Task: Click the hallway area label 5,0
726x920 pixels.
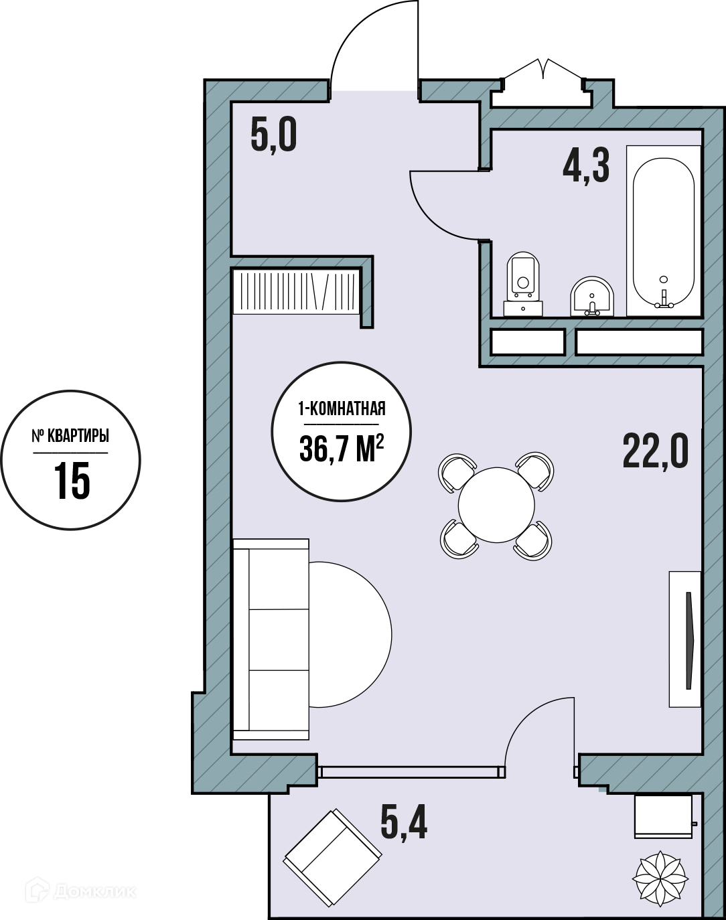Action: (x=273, y=135)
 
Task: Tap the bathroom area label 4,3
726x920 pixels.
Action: (x=586, y=165)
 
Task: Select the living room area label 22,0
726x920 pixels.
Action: (x=656, y=451)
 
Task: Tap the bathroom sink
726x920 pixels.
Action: (x=592, y=297)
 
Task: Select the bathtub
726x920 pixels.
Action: (x=664, y=231)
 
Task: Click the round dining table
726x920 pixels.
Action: (x=496, y=505)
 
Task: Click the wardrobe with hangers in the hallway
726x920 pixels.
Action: (x=297, y=291)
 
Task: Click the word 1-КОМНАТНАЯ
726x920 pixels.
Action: (x=342, y=408)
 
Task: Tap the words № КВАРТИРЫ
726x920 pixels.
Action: (x=70, y=436)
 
